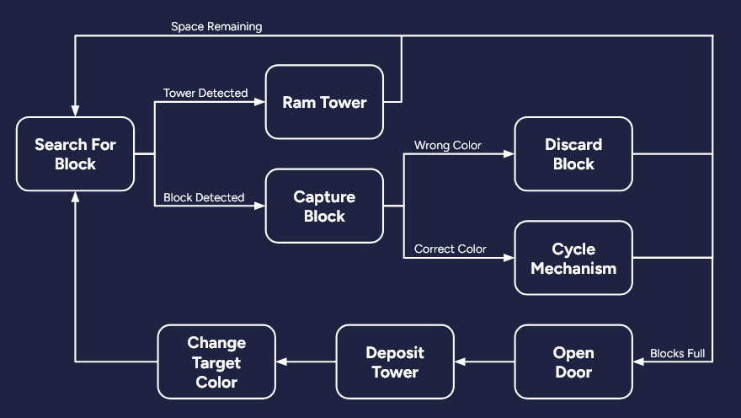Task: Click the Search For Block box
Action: pyautogui.click(x=75, y=153)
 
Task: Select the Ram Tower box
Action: pyautogui.click(x=324, y=102)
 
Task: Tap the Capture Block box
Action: pyautogui.click(x=324, y=206)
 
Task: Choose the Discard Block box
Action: pyautogui.click(x=573, y=153)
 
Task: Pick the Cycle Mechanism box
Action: pyautogui.click(x=573, y=258)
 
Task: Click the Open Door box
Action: pyautogui.click(x=573, y=362)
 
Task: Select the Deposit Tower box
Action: pyautogui.click(x=395, y=362)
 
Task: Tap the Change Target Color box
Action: pyautogui.click(x=216, y=362)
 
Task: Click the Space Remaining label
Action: pyautogui.click(x=216, y=27)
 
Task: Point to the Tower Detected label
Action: pyautogui.click(x=205, y=93)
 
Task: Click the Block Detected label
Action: pyautogui.click(x=204, y=197)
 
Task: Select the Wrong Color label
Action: pyautogui.click(x=448, y=145)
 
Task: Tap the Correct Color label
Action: pyautogui.click(x=450, y=249)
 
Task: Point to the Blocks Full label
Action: pyautogui.click(x=678, y=353)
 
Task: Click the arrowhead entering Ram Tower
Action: pyautogui.click(x=260, y=102)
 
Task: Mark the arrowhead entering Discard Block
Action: pyautogui.click(x=509, y=154)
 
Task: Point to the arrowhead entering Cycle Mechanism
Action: pyautogui.click(x=509, y=258)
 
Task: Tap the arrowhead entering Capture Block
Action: pyautogui.click(x=260, y=206)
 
